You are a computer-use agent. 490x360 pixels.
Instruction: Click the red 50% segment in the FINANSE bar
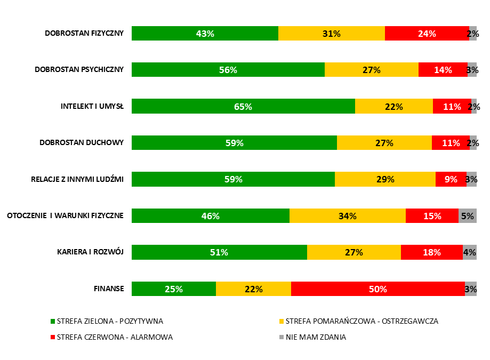377,289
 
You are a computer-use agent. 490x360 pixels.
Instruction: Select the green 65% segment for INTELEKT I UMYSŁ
243,106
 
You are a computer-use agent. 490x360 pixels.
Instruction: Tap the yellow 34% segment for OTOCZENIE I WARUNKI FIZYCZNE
347,215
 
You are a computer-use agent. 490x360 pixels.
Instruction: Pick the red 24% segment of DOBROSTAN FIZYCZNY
427,33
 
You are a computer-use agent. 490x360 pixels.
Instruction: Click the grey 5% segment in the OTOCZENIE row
467,215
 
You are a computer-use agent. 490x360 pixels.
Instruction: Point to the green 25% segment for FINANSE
174,289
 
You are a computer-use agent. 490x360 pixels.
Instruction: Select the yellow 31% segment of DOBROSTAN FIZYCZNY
331,33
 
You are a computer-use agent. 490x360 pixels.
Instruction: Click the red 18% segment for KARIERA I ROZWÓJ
431,252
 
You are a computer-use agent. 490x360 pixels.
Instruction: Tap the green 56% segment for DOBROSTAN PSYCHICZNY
228,69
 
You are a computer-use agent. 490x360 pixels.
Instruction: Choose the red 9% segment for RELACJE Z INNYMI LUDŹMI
451,179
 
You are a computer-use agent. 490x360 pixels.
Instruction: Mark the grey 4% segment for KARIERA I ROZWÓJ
469,252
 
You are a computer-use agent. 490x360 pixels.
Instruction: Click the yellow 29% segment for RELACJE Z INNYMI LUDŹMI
385,179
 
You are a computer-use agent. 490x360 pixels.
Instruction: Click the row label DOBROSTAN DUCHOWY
82,142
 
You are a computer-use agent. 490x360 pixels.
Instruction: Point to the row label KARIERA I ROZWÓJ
91,252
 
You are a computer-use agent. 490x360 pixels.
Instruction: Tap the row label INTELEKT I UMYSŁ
92,106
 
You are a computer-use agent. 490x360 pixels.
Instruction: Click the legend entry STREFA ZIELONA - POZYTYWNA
110,321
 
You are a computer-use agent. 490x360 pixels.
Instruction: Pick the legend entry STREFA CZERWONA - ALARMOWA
115,337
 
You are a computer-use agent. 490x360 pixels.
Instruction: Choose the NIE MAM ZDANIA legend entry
316,337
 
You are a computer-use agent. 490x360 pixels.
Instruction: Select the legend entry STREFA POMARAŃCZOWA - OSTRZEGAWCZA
362,321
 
